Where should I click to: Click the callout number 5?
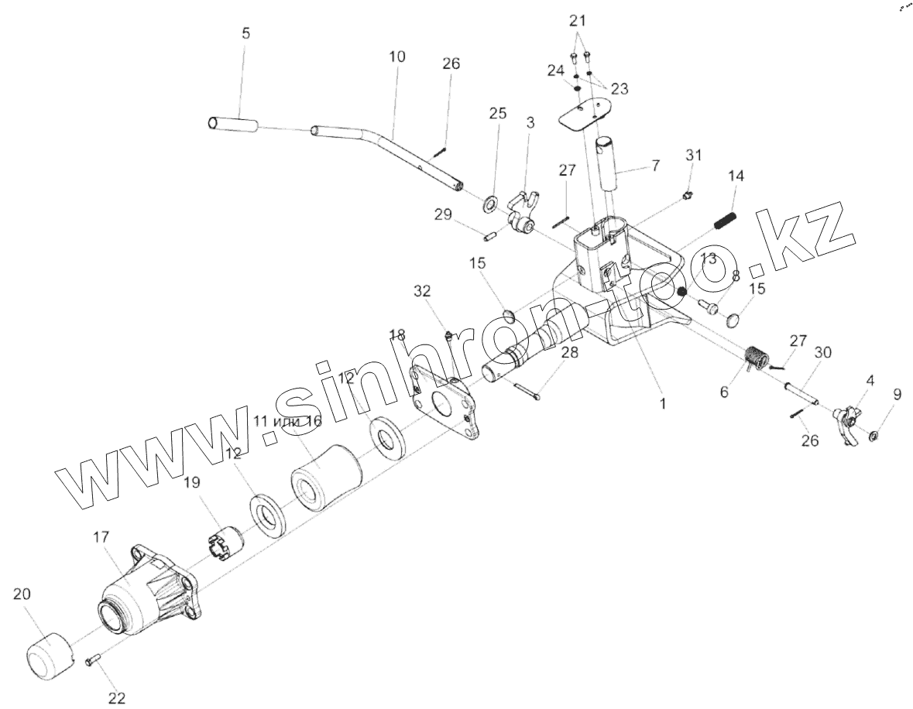click(x=245, y=34)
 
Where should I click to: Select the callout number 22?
click(x=116, y=698)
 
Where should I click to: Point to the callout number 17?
click(x=101, y=536)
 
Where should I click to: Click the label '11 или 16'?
click(x=287, y=421)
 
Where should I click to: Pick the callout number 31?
click(x=693, y=155)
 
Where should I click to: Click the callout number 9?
click(x=897, y=395)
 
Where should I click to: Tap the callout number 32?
click(x=422, y=291)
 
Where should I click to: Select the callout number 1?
click(x=662, y=403)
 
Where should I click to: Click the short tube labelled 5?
click(x=232, y=124)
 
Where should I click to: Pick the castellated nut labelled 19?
click(x=227, y=540)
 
